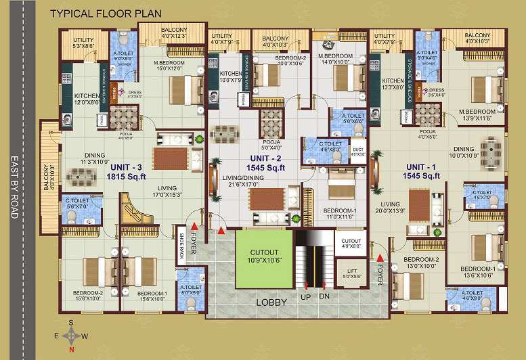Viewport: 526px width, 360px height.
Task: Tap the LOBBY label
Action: pos(271,302)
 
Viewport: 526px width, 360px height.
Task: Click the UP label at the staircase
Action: pos(307,296)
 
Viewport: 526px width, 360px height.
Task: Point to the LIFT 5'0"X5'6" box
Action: pos(351,273)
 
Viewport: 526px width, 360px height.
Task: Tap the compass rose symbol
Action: pos(71,336)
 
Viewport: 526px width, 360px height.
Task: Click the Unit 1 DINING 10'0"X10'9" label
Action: pos(464,152)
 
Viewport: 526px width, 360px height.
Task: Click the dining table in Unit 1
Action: pos(490,148)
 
